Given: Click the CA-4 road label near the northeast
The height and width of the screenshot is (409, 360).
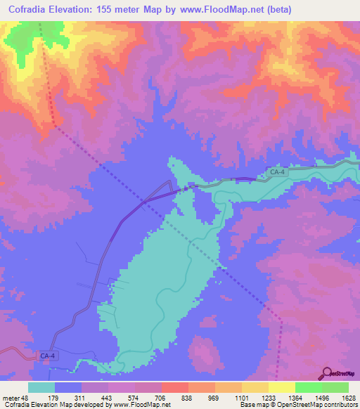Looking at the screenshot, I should coord(278,171).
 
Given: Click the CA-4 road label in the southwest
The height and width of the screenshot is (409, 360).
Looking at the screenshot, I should coord(46,357).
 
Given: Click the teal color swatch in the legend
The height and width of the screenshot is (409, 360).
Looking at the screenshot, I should coord(41,387).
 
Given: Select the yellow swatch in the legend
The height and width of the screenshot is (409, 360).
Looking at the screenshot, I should coord(281,387).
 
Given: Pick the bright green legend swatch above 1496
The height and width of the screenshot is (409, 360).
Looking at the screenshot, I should coord(308,387).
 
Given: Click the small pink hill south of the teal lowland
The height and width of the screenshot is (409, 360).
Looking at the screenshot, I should coord(205,351).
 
